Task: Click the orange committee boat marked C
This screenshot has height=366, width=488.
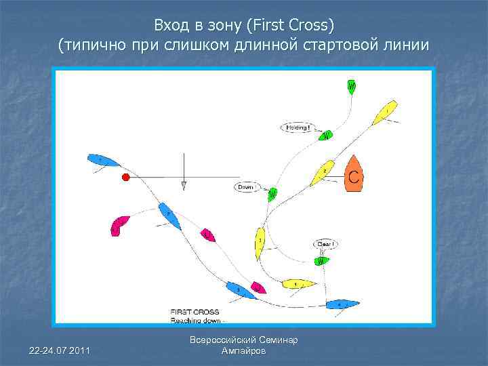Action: [352, 175]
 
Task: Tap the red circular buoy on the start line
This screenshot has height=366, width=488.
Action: [125, 178]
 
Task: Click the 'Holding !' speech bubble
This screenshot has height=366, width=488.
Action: [298, 127]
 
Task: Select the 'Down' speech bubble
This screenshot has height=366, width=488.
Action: [246, 186]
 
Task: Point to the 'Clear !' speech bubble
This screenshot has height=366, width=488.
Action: [325, 244]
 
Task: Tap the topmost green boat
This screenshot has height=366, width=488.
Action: [352, 87]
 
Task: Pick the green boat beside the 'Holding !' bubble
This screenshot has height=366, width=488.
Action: [325, 136]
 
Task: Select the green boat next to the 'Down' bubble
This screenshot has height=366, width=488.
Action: [272, 195]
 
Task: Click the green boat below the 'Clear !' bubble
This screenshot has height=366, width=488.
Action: [321, 261]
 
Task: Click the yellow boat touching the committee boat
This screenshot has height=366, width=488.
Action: [323, 173]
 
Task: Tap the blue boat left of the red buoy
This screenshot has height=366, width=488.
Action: [103, 161]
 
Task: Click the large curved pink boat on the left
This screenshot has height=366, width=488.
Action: [119, 225]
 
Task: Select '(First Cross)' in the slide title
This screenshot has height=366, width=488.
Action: [291, 26]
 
